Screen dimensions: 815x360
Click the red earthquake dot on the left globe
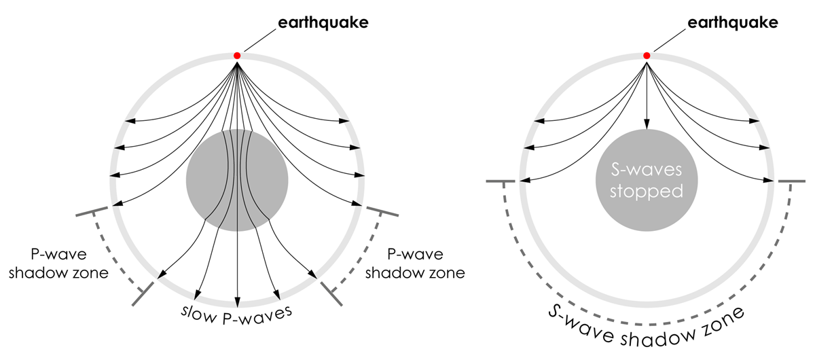click(237, 56)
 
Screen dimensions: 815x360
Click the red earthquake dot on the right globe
click(647, 56)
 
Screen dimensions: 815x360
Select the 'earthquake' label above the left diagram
click(323, 23)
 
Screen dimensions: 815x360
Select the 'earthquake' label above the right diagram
click(733, 23)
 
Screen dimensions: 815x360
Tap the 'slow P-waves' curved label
click(237, 315)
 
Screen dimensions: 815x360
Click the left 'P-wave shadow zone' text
click(58, 264)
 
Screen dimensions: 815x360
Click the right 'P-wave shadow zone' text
click(415, 264)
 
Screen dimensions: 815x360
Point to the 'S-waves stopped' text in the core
click(647, 181)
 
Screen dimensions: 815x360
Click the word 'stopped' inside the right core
click(647, 192)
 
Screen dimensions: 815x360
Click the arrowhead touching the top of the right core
click(647, 124)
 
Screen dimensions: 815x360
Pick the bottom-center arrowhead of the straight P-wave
click(237, 302)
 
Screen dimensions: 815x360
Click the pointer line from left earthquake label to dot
click(260, 40)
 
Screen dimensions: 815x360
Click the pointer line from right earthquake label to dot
click(670, 40)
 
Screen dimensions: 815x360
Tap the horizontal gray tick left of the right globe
click(501, 181)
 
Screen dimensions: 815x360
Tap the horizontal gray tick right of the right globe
click(792, 181)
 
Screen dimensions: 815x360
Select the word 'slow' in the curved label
click(198, 314)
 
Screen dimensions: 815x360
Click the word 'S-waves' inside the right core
click(647, 170)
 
